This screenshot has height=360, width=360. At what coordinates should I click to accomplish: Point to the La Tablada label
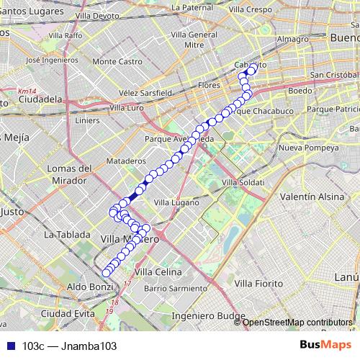[67, 235]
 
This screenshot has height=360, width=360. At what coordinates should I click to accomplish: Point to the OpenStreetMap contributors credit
[297, 323]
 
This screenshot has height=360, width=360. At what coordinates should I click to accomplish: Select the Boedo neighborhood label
[300, 91]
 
